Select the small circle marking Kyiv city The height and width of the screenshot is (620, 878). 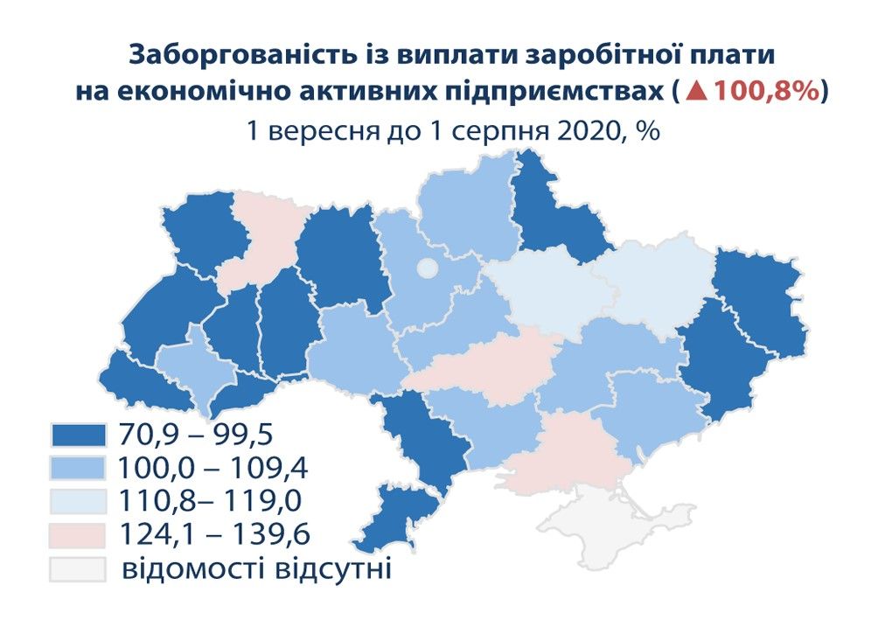[x=427, y=268]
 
